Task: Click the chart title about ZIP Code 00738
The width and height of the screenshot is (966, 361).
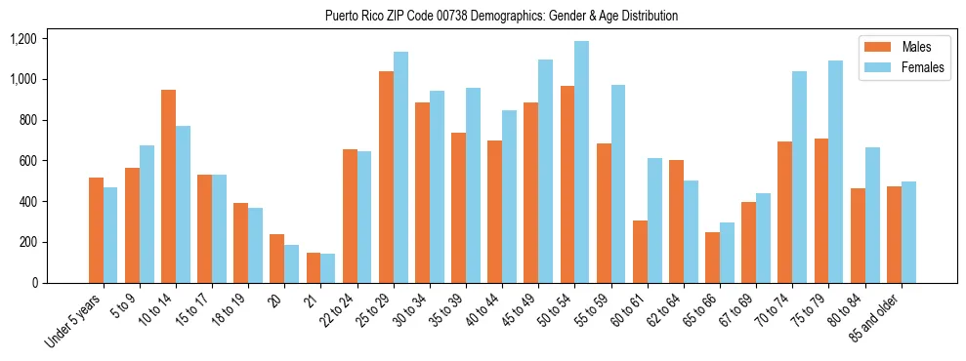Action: point(501,16)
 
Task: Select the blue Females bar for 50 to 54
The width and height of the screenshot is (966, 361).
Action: point(582,162)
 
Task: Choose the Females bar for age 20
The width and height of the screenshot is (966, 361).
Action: point(292,263)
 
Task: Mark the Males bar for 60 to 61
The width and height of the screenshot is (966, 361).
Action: point(640,252)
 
